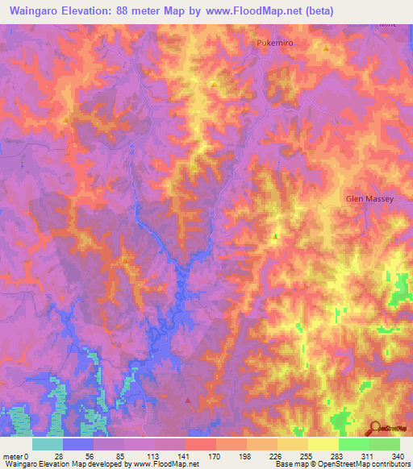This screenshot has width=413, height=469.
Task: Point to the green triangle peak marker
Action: click(x=275, y=237)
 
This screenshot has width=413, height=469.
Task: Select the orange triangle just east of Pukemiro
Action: click(x=325, y=49)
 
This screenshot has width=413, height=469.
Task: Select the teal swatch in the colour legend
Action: click(x=47, y=443)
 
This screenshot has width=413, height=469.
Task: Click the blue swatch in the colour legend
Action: click(x=78, y=443)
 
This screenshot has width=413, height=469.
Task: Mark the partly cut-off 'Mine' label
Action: click(x=390, y=23)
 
